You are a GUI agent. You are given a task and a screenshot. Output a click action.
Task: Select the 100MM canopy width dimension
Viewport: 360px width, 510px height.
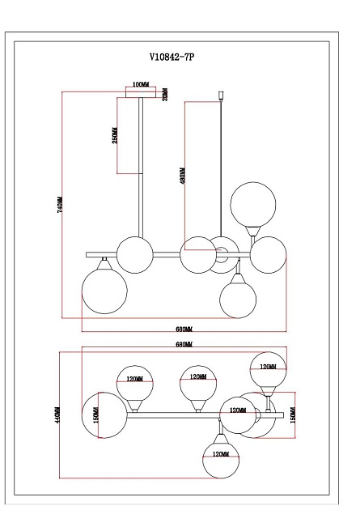[x=141, y=84]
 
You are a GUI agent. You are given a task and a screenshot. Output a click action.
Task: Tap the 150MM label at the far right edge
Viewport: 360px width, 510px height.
[x=293, y=414]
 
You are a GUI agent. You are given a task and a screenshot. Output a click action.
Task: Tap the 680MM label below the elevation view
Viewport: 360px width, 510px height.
[x=184, y=329]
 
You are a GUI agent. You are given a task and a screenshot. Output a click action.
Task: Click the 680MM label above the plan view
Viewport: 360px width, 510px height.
[x=184, y=345]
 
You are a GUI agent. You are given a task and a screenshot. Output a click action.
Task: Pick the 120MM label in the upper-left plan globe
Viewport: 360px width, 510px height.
[x=135, y=378]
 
